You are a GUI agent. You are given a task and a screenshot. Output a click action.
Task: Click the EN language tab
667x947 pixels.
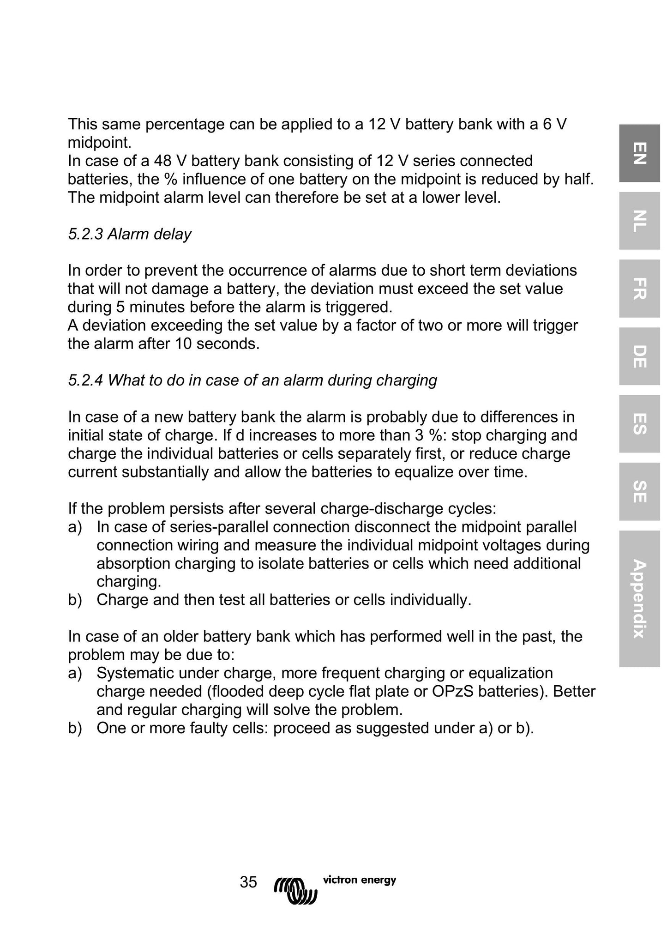coord(639,153)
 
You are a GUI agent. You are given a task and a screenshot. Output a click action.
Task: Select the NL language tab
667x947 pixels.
coord(639,221)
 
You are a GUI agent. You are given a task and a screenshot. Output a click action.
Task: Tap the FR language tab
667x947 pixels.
coord(639,289)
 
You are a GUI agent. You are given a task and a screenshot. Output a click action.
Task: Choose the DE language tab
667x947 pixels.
coord(639,356)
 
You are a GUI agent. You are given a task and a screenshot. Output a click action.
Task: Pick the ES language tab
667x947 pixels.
coord(639,424)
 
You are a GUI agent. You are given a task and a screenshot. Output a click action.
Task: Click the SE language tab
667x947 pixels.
coord(639,492)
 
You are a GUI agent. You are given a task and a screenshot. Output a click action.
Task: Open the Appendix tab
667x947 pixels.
coord(639,598)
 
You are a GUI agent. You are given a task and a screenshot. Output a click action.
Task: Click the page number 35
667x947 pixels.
coord(248,882)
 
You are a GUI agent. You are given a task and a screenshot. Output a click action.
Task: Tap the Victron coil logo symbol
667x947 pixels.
coord(295,889)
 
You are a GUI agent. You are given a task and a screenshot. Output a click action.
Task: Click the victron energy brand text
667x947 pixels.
coord(359,880)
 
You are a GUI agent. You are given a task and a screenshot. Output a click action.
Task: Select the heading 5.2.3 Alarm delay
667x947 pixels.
coord(130,234)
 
